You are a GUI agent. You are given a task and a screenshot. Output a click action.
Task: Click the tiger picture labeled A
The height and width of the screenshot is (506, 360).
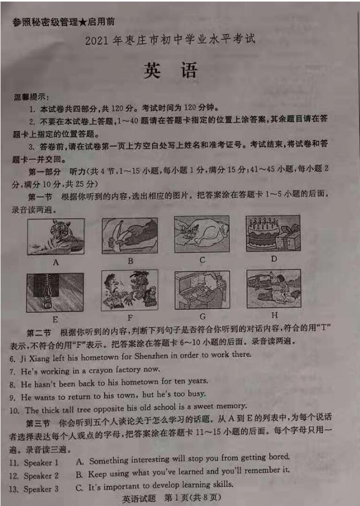[56, 237]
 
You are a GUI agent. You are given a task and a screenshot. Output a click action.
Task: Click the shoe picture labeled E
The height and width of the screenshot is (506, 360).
[55, 292]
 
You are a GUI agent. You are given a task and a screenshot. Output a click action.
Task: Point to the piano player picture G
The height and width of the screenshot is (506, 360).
[202, 290]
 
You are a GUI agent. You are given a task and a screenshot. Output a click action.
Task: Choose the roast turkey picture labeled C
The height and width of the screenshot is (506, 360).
[202, 233]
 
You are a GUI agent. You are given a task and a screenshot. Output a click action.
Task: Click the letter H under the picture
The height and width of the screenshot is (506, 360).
[274, 315]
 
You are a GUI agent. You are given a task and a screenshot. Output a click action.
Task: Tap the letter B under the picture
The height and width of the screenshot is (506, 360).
[131, 261]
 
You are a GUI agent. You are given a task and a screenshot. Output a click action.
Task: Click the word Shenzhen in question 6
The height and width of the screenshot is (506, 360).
[151, 356]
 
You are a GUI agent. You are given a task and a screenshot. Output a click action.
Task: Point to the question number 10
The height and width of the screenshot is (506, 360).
[15, 411]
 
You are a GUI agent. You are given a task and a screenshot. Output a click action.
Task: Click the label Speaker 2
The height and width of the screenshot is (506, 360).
[41, 476]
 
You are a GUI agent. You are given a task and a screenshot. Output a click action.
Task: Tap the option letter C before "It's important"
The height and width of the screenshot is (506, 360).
[79, 487]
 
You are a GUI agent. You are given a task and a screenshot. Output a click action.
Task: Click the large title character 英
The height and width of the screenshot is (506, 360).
[152, 70]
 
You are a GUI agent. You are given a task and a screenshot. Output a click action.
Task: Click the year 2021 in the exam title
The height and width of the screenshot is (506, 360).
[97, 41]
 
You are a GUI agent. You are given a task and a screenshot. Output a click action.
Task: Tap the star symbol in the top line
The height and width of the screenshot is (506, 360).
[83, 22]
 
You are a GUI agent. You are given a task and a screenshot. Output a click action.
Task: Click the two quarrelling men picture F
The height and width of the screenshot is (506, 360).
[130, 290]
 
